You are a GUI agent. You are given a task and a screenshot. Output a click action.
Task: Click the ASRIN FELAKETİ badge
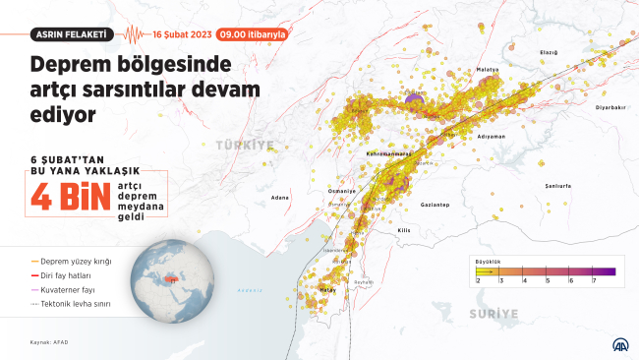coord(70,33)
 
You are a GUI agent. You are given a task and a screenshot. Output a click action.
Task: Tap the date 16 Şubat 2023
coord(181,33)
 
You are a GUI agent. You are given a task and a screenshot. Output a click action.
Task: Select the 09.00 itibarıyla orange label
coord(254,33)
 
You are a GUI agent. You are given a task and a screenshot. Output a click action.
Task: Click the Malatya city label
coord(489,70)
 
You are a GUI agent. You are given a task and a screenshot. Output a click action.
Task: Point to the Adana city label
coord(280,198)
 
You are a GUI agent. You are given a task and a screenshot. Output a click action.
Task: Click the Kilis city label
coord(403,229)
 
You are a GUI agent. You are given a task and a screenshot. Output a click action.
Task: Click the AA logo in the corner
coord(619,345)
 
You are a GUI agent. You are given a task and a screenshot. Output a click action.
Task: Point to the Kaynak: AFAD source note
coord(46,343)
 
